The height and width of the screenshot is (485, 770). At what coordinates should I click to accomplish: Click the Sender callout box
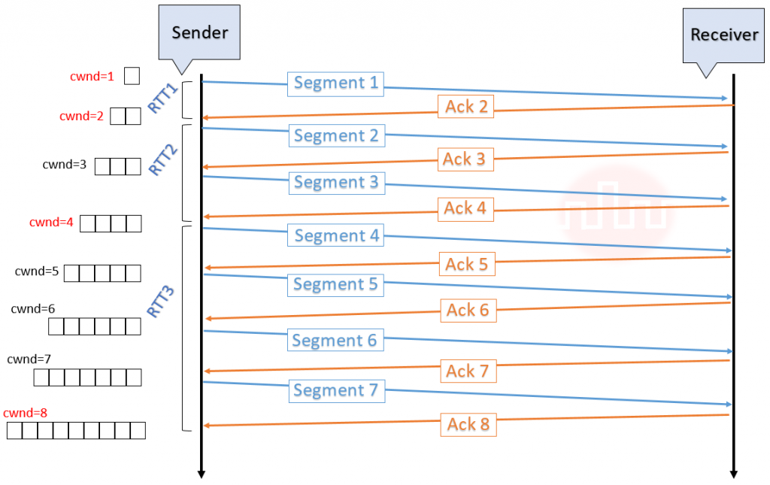tap(199, 31)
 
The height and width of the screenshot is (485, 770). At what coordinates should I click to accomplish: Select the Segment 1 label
tap(335, 83)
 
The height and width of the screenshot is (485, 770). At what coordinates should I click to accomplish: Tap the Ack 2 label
tap(466, 107)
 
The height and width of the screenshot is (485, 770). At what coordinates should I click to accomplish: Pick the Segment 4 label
tap(336, 235)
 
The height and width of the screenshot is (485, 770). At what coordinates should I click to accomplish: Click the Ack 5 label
tap(467, 264)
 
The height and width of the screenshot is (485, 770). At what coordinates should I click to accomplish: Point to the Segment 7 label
tap(336, 390)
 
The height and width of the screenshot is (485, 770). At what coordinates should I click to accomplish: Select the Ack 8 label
tap(468, 425)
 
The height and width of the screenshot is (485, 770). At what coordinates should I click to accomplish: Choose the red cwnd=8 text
tap(26, 414)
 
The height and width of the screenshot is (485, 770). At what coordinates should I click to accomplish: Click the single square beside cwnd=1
tap(132, 76)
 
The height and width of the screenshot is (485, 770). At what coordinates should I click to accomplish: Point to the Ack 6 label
tap(467, 310)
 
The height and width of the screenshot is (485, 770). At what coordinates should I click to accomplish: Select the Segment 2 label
tap(336, 136)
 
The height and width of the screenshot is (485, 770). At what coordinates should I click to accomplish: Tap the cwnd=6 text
tap(33, 308)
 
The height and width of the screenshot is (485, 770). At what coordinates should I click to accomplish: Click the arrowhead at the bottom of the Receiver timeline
tap(733, 474)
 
